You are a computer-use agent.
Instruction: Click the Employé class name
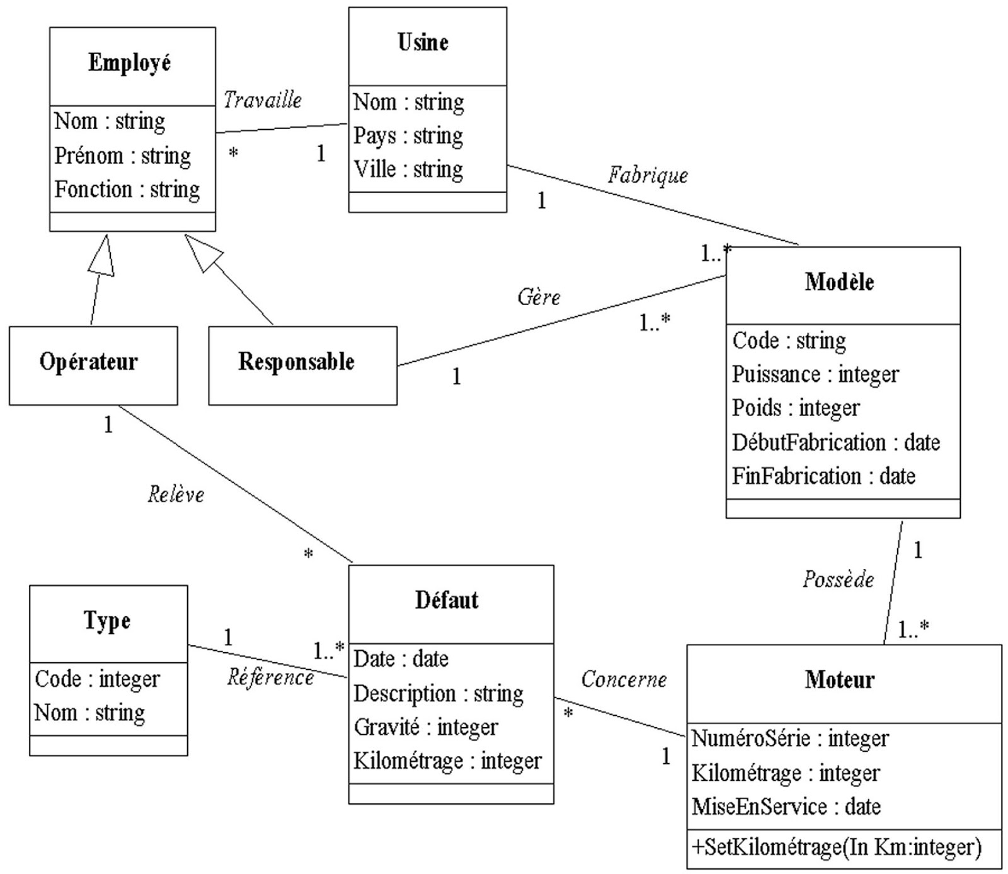pyautogui.click(x=129, y=63)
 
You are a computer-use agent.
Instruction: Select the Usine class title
pyautogui.click(x=423, y=43)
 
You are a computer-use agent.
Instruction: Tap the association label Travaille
pyautogui.click(x=263, y=100)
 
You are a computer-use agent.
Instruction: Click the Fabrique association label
pyautogui.click(x=648, y=175)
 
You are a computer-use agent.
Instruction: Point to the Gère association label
pyautogui.click(x=539, y=297)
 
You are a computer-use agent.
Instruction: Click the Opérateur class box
pyautogui.click(x=89, y=362)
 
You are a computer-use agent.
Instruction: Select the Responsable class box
pyautogui.click(x=296, y=362)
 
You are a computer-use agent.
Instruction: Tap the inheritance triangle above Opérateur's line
pyautogui.click(x=103, y=257)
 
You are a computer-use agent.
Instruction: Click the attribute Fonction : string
pyautogui.click(x=127, y=189)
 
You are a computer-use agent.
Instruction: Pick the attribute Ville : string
pyautogui.click(x=408, y=169)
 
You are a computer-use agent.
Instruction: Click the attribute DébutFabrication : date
pyautogui.click(x=835, y=442)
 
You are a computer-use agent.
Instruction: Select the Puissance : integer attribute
pyautogui.click(x=815, y=374)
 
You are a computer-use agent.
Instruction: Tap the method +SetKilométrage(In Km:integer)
pyautogui.click(x=836, y=847)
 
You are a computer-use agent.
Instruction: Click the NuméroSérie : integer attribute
pyautogui.click(x=790, y=739)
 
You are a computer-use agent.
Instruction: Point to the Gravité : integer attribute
pyautogui.click(x=426, y=727)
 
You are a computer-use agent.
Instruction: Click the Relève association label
pyautogui.click(x=176, y=495)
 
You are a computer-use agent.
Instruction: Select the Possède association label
pyautogui.click(x=838, y=579)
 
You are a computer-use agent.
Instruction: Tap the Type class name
pyautogui.click(x=107, y=621)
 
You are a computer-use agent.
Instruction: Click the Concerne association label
pyautogui.click(x=624, y=679)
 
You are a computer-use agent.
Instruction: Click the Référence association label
pyautogui.click(x=270, y=677)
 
